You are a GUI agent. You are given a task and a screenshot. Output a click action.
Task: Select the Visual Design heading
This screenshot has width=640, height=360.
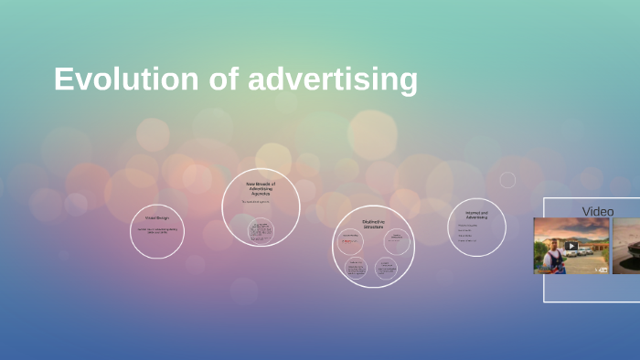pyautogui.click(x=156, y=218)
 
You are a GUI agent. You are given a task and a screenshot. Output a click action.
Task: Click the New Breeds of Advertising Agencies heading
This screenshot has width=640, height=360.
pyautogui.click(x=261, y=187)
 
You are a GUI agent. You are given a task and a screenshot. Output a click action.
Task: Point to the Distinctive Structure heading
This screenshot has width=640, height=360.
pyautogui.click(x=373, y=224)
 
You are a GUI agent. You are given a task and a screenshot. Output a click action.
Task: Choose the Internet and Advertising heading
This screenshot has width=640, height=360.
pyautogui.click(x=476, y=216)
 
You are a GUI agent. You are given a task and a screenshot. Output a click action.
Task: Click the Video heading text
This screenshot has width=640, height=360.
pyautogui.click(x=598, y=211)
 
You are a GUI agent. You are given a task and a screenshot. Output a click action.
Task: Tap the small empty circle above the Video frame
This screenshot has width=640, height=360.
pyautogui.click(x=507, y=180)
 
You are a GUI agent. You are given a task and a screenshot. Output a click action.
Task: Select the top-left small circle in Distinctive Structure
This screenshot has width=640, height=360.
pyautogui.click(x=352, y=241)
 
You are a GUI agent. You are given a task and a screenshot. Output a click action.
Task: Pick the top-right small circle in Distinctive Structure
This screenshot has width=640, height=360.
pyautogui.click(x=397, y=241)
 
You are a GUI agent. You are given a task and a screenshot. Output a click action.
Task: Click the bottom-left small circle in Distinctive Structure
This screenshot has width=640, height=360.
pyautogui.click(x=356, y=268)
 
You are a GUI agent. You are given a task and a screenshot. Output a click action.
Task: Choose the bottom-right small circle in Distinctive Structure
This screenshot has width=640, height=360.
pyautogui.click(x=385, y=268)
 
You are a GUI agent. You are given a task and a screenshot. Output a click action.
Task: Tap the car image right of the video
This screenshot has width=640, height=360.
pyautogui.click(x=626, y=246)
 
